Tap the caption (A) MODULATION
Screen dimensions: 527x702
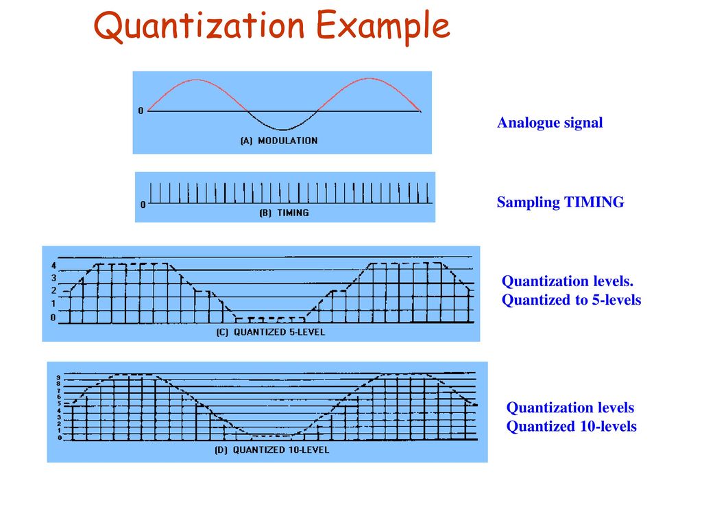pyautogui.click(x=278, y=141)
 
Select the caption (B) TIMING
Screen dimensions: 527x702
pyautogui.click(x=284, y=213)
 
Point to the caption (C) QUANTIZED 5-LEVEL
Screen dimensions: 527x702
pyautogui.click(x=267, y=333)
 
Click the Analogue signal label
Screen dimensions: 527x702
pyautogui.click(x=550, y=124)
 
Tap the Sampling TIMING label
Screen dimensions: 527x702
pyautogui.click(x=560, y=202)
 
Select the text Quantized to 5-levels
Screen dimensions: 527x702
pyautogui.click(x=571, y=300)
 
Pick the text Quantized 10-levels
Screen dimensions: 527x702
pyautogui.click(x=571, y=427)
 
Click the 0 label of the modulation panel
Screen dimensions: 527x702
pyautogui.click(x=141, y=111)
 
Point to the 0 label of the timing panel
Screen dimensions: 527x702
pyautogui.click(x=143, y=204)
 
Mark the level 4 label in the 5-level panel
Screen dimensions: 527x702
pyautogui.click(x=53, y=266)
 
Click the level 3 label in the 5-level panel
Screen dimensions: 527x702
pyautogui.click(x=53, y=278)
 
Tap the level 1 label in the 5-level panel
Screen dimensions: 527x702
pyautogui.click(x=53, y=304)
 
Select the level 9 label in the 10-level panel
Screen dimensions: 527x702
pyautogui.click(x=59, y=377)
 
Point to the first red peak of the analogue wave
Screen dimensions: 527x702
pyautogui.click(x=197, y=80)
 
